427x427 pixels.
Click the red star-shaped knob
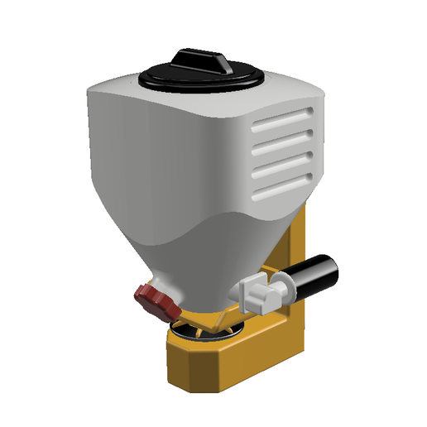(x=158, y=303)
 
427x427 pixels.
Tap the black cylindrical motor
(x=314, y=275)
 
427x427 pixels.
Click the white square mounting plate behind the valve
(x=249, y=290)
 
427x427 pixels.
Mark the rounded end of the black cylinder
(x=335, y=269)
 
